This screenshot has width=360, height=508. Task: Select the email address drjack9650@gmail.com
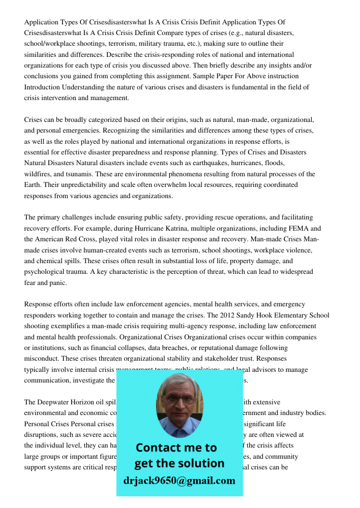pyautogui.click(x=179, y=481)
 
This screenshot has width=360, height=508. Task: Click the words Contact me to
pyautogui.click(x=176, y=448)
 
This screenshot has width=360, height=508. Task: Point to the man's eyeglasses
pyautogui.click(x=179, y=399)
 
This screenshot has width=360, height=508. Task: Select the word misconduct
pyautogui.click(x=42, y=359)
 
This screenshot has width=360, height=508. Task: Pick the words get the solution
pyautogui.click(x=179, y=463)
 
